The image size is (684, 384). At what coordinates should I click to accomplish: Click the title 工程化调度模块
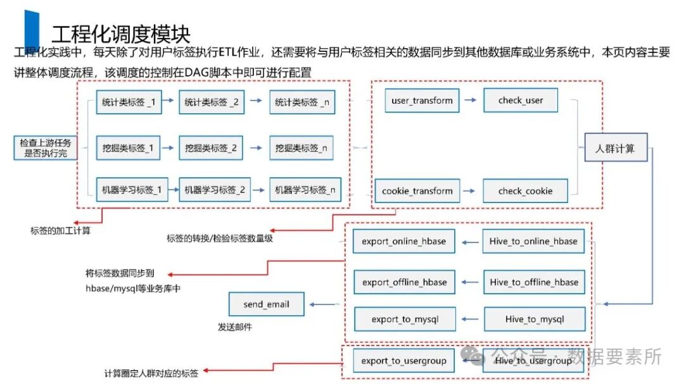pos(120,34)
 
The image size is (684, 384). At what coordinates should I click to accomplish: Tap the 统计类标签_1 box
pos(129,102)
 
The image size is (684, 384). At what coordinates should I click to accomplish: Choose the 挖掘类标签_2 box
pos(211,148)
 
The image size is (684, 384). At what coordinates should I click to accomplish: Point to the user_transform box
pos(422,101)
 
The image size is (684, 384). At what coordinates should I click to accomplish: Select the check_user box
pos(521,101)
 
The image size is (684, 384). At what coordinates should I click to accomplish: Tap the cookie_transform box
pos(417,191)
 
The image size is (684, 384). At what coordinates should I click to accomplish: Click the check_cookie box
pos(525,191)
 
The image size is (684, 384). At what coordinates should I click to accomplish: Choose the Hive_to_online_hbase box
pos(533,241)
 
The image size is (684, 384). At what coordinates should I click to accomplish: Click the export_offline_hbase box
pos(404,282)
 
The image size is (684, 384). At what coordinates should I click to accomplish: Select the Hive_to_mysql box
pos(535,319)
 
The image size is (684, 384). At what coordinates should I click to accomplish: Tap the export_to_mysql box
pos(405,319)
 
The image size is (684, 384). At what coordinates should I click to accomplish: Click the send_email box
pos(266,304)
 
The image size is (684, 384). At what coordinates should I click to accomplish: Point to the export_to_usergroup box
pos(403,361)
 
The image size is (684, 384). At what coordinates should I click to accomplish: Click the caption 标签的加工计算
pos(60,231)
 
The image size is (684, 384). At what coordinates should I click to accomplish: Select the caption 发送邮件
pos(235,328)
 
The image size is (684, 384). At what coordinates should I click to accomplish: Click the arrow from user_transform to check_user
pos(470,101)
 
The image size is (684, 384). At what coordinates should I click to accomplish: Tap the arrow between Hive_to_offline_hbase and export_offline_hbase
pos(469,282)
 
